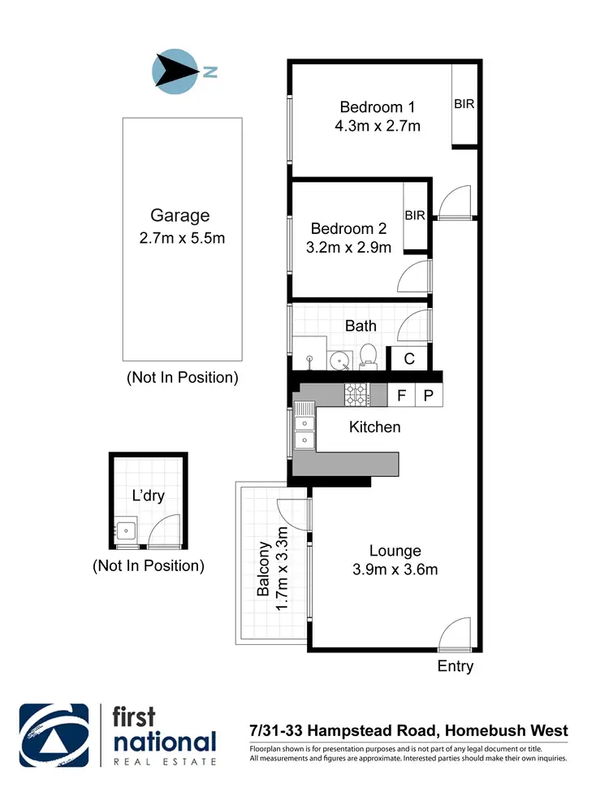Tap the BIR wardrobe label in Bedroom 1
click(464, 104)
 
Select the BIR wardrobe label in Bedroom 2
click(416, 215)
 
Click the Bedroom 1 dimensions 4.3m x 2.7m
click(377, 126)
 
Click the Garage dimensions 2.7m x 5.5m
click(181, 238)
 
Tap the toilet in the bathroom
click(367, 353)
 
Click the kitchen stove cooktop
click(356, 395)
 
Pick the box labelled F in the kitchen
click(401, 396)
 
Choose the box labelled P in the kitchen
click(429, 396)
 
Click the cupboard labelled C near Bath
click(409, 357)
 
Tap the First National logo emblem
click(54, 734)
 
